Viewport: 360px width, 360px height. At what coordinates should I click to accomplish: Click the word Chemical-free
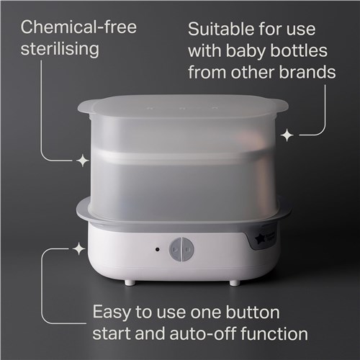coord(78,27)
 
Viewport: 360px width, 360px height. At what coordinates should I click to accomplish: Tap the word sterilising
coord(60,50)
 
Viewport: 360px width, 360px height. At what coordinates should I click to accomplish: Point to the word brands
coord(307,72)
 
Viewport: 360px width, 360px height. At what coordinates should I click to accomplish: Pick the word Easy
coord(112,312)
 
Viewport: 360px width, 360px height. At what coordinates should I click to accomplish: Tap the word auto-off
coord(203,334)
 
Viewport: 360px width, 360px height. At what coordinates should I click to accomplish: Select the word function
coord(274,334)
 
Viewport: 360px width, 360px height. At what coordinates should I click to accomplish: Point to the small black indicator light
coord(157,249)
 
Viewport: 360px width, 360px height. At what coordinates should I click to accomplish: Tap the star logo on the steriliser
coord(260,239)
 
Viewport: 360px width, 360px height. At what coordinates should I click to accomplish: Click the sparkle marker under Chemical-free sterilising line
coord(83,160)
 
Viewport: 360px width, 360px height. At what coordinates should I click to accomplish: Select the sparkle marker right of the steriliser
coord(287,135)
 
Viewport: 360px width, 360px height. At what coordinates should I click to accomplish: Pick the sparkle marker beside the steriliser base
coord(78,249)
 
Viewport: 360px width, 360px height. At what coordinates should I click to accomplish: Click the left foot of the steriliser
coord(130,282)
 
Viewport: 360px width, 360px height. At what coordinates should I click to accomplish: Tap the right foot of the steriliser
coord(234,283)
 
